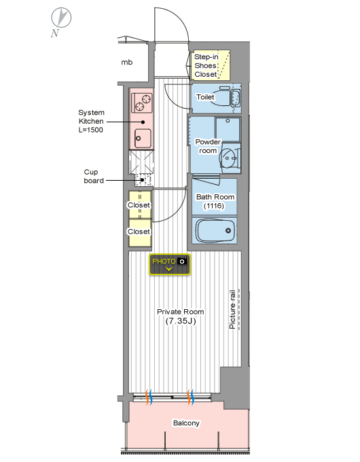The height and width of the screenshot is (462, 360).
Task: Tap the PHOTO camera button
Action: click(x=170, y=264)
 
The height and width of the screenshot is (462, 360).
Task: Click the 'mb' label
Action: click(x=127, y=63)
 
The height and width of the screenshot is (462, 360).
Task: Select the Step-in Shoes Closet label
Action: click(x=206, y=65)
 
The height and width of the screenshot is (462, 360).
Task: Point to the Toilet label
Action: click(x=205, y=97)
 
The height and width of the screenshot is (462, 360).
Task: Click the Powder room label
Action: click(x=208, y=146)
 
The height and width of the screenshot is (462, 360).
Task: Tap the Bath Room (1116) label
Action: click(x=215, y=201)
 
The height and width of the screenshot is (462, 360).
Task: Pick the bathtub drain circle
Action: click(x=228, y=230)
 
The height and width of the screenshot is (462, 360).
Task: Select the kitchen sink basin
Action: click(x=143, y=139)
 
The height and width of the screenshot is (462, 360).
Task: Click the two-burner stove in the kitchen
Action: click(x=142, y=103)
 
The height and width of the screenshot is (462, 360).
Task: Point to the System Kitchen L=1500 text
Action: click(x=91, y=121)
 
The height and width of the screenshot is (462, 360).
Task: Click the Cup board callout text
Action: click(x=93, y=176)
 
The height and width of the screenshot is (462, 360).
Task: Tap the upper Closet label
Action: click(x=139, y=205)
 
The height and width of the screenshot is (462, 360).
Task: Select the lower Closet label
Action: click(x=139, y=232)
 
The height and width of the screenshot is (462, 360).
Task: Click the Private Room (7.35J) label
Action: click(x=181, y=316)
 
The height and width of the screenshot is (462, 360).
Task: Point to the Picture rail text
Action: click(x=232, y=309)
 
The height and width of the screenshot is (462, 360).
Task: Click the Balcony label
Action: click(x=186, y=423)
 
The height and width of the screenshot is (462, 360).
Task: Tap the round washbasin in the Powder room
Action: click(x=228, y=158)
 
